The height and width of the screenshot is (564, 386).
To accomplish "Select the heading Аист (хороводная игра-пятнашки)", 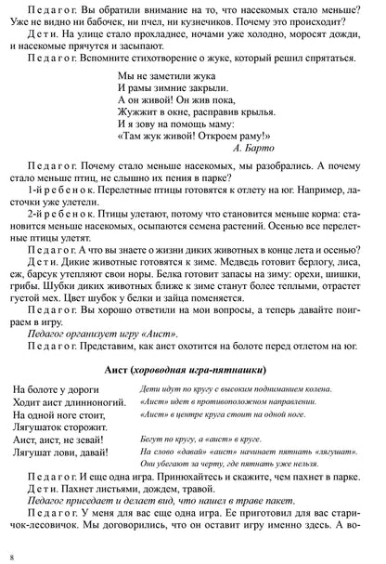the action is [192, 342].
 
